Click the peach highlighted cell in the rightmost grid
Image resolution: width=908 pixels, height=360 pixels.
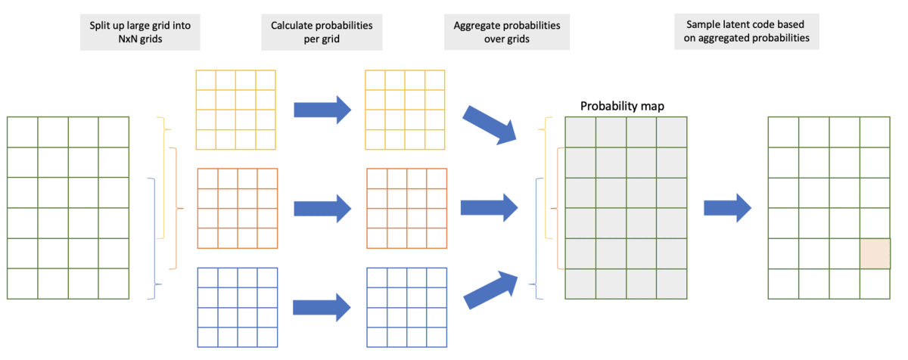875,253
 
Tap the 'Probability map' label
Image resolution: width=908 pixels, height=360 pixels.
622,106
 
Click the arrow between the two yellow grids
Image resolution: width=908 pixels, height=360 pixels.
322,110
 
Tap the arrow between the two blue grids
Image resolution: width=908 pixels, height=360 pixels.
322,306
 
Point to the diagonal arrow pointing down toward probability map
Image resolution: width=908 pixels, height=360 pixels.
490,123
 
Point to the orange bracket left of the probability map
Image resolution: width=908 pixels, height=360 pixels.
558,208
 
